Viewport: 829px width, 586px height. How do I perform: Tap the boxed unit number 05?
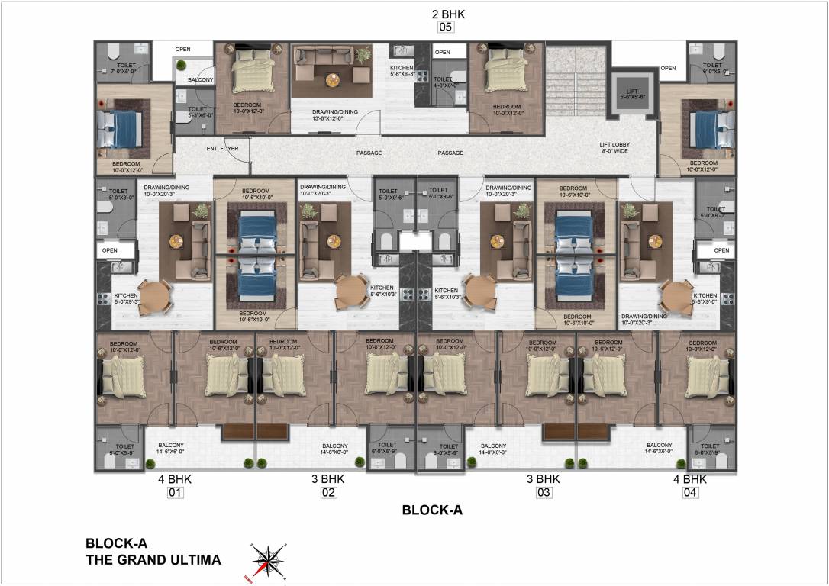point(445,27)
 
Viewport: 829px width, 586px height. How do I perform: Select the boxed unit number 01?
point(176,493)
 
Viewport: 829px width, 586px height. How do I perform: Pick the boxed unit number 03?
point(544,493)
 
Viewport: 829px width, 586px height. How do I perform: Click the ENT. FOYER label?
point(222,148)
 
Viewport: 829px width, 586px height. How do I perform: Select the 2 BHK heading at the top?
point(447,14)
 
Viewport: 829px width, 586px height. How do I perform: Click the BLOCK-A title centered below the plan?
point(432,510)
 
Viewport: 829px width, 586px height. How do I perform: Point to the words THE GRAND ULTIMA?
point(153,560)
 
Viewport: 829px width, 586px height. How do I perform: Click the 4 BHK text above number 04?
point(689,479)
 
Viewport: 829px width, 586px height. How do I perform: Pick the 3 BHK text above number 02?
point(328,479)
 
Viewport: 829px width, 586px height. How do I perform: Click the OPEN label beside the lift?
point(668,68)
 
